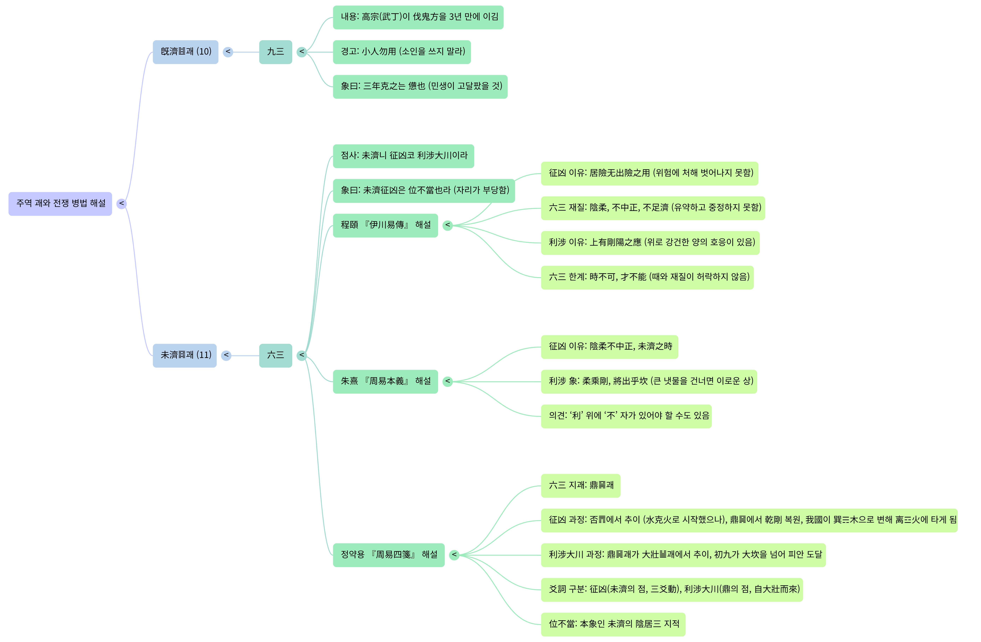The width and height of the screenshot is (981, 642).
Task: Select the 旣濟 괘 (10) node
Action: click(186, 52)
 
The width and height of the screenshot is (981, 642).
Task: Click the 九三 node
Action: click(275, 52)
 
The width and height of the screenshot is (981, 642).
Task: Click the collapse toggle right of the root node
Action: click(121, 203)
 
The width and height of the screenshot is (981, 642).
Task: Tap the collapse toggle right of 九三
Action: click(302, 52)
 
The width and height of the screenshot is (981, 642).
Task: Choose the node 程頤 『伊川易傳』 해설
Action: click(385, 225)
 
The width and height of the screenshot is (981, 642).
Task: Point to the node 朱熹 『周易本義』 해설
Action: click(385, 381)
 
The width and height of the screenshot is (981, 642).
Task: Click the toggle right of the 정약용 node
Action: click(454, 555)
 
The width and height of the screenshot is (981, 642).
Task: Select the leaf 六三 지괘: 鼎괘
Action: click(580, 485)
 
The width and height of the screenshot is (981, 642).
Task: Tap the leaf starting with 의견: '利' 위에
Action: click(626, 416)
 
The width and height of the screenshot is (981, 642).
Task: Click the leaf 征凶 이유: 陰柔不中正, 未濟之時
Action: click(609, 347)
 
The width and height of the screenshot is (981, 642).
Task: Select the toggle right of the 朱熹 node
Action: click(447, 381)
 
